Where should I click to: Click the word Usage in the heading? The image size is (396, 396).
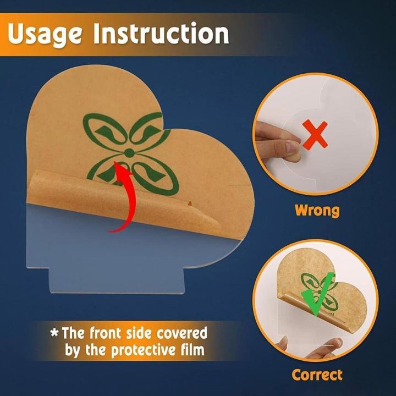pos(45,34)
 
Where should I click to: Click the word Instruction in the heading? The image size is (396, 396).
pos(161,33)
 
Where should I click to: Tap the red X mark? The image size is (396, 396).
pos(315,135)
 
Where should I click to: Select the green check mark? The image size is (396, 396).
pos(318,294)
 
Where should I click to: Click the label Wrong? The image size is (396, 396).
pos(317,210)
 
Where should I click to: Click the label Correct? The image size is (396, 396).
pos(317,375)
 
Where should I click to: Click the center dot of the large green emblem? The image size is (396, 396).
pos(129,153)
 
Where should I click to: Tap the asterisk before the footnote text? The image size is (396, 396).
pos(54,333)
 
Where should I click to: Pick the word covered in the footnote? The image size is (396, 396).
pos(182,333)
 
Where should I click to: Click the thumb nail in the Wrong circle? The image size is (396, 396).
pos(293,146)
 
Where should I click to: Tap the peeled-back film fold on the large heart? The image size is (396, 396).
pos(121,200)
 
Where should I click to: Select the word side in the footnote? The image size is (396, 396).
pos(139,333)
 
